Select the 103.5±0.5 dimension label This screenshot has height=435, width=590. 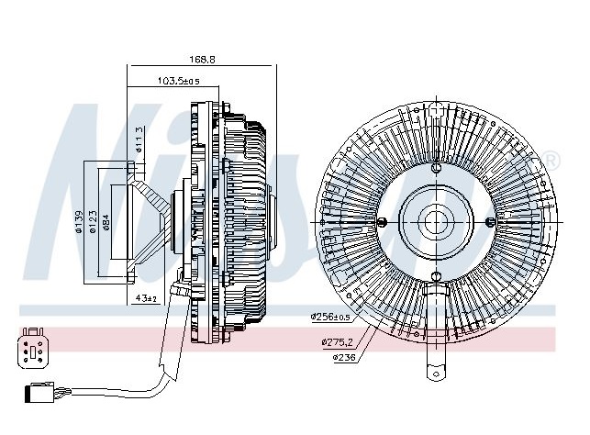click(x=178, y=82)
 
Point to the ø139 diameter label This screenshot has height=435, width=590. click(x=78, y=220)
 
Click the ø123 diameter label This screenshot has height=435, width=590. click(x=93, y=220)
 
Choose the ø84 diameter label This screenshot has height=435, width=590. click(x=106, y=220)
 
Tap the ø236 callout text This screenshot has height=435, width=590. click(x=344, y=356)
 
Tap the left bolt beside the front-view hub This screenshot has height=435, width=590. click(x=383, y=221)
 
